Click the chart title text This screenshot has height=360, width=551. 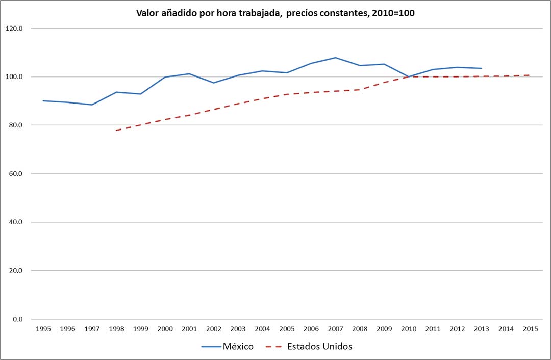point(275,13)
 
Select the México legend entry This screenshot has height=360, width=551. point(238,347)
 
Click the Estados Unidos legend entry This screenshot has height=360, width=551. point(319,347)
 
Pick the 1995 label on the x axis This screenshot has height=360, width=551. point(43,329)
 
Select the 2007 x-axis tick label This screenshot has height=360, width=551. point(335,329)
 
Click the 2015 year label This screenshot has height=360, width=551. point(530,329)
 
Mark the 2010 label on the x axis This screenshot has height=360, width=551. point(408,329)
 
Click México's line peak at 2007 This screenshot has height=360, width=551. point(335,58)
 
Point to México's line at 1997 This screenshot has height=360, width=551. point(92,105)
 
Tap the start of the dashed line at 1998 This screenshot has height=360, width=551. point(116,131)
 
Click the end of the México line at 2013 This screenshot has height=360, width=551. point(481,68)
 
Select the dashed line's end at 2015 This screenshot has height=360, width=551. point(530,75)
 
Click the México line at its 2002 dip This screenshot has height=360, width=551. point(213,83)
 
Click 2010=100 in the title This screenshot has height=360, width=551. point(392,13)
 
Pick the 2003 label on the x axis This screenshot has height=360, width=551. point(238,329)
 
